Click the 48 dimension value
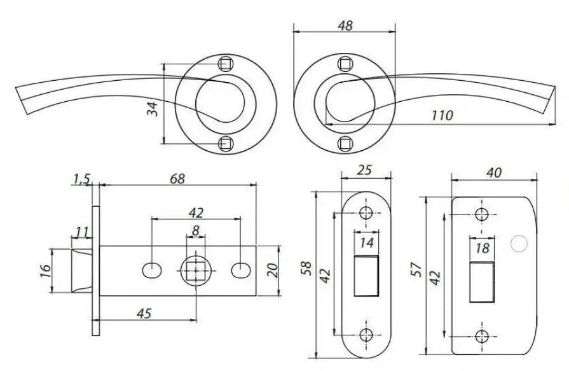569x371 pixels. pyautogui.click(x=345, y=25)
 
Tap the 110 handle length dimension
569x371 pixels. pyautogui.click(x=442, y=116)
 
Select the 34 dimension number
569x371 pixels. pyautogui.click(x=153, y=109)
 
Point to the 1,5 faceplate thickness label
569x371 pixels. pyautogui.click(x=81, y=179)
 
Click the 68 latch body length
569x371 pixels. pyautogui.click(x=177, y=179)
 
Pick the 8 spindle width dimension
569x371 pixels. pyautogui.click(x=196, y=230)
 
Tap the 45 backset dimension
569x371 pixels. pyautogui.click(x=144, y=313)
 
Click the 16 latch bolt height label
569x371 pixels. pyautogui.click(x=45, y=270)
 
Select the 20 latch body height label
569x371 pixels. pyautogui.click(x=272, y=270)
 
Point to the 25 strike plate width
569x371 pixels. pyautogui.click(x=365, y=170)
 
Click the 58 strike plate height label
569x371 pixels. pyautogui.click(x=306, y=269)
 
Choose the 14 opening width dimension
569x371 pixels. pyautogui.click(x=366, y=242)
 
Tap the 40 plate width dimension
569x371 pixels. pyautogui.click(x=494, y=173)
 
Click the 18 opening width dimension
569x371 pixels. pyautogui.click(x=483, y=249)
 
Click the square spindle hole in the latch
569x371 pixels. pyautogui.click(x=196, y=270)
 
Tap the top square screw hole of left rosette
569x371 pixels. pyautogui.click(x=225, y=64)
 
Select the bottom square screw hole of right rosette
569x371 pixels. pyautogui.click(x=345, y=144)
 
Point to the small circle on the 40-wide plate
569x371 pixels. pyautogui.click(x=519, y=244)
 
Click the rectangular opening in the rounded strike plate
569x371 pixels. pyautogui.click(x=366, y=276)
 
